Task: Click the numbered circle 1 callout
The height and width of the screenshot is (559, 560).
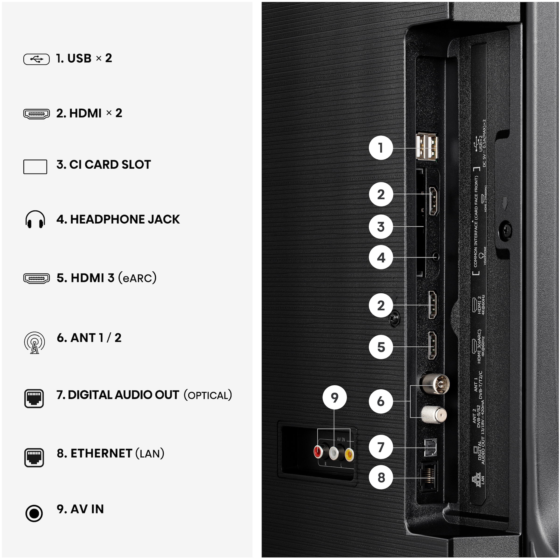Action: [381, 148]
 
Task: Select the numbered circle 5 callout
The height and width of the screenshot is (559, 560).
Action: [381, 347]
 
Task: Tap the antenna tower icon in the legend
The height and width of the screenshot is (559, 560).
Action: [35, 342]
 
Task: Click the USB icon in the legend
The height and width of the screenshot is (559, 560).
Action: [36, 59]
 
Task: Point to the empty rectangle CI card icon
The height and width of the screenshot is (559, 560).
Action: [35, 167]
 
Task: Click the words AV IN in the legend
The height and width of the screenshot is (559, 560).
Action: [87, 509]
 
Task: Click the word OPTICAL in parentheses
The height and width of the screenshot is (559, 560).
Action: [208, 395]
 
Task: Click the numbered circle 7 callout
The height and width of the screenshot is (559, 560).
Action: [381, 447]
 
